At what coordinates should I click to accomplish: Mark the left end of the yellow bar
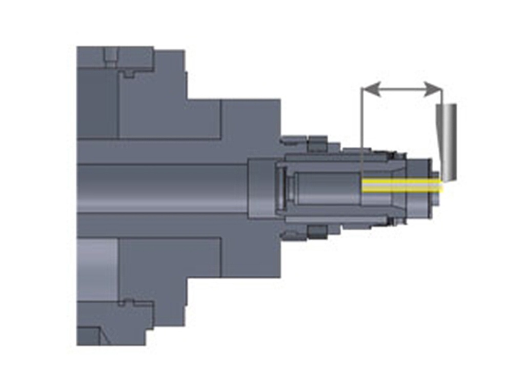[364, 185]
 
